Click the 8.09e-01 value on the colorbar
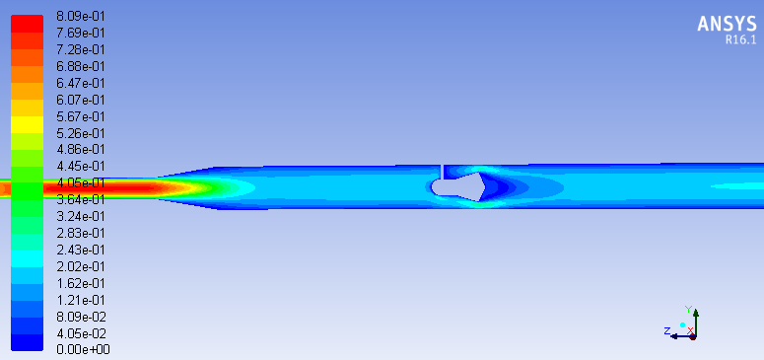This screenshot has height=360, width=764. [x=81, y=17]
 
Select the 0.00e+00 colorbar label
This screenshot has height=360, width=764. [x=84, y=350]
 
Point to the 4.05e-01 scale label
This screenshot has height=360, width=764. [x=81, y=182]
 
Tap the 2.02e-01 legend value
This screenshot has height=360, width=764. [x=81, y=266]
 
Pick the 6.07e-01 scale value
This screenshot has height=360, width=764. [x=81, y=100]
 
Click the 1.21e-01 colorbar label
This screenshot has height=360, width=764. [x=81, y=300]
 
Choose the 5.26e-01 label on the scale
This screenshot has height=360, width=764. [x=81, y=133]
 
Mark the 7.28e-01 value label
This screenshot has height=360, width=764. [x=81, y=49]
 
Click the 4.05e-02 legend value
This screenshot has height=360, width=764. [x=81, y=333]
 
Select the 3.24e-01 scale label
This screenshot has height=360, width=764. [x=81, y=216]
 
